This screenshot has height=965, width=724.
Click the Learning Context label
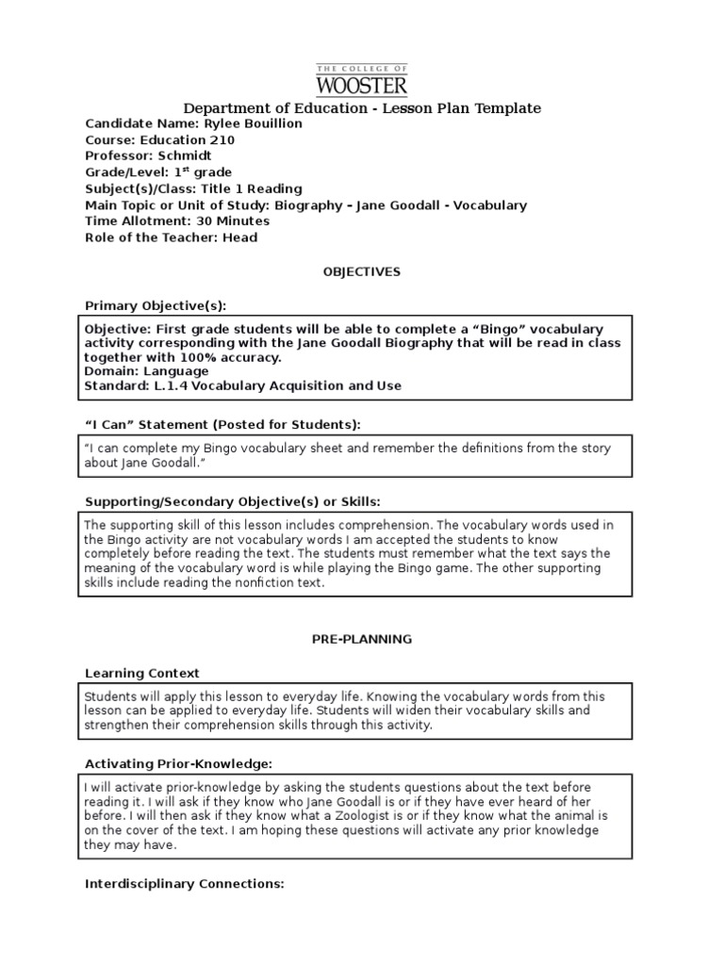tap(141, 673)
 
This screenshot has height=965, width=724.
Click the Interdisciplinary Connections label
tap(184, 884)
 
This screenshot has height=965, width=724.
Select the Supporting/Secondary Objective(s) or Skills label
tap(233, 500)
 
